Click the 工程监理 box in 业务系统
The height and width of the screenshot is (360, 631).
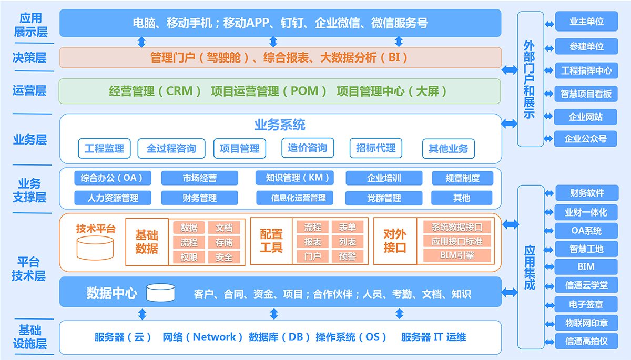[x=104, y=148]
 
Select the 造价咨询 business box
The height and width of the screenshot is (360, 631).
[x=308, y=148]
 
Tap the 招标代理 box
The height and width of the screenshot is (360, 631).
[x=376, y=148]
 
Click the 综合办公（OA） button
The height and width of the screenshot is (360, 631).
[x=113, y=178]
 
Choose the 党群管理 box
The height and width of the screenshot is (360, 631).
[x=384, y=198]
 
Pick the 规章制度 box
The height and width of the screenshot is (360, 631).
[x=463, y=178]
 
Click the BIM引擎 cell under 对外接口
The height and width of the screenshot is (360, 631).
[x=457, y=255]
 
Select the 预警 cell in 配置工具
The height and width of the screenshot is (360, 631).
[x=348, y=256]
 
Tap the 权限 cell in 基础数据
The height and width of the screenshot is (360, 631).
[x=189, y=258]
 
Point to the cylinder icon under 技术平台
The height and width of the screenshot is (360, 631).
[x=95, y=248]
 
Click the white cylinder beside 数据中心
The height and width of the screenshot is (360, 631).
[x=160, y=293]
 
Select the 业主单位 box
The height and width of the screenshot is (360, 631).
[x=586, y=22]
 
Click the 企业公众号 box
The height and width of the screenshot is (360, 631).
[x=585, y=139]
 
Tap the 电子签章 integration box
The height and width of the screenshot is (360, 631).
[x=586, y=304]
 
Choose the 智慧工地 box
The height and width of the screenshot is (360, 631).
[x=586, y=249]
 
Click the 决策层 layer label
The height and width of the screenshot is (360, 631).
[x=29, y=58]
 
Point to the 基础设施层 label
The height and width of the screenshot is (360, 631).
[x=30, y=337]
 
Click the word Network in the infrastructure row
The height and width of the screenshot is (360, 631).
[x=214, y=337]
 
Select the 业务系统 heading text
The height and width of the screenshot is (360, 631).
[x=280, y=125]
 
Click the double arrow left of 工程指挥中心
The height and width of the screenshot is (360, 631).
[x=549, y=70]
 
